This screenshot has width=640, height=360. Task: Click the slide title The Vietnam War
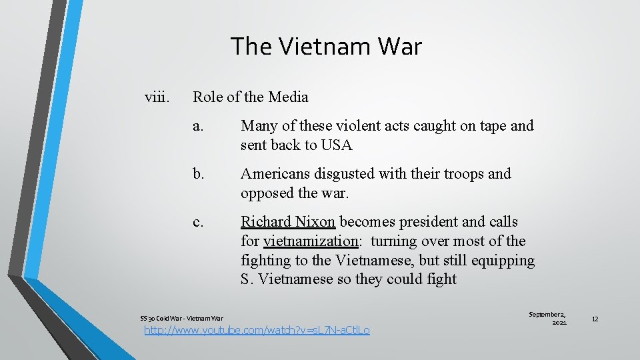(x=326, y=47)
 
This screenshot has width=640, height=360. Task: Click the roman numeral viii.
(x=157, y=97)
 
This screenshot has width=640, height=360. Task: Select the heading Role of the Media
(x=251, y=97)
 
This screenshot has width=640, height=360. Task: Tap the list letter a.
(x=197, y=126)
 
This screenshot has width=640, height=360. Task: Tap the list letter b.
(x=198, y=174)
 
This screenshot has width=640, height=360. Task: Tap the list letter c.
(x=197, y=222)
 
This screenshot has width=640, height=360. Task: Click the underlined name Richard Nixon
(x=287, y=222)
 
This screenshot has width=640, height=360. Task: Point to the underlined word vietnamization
(x=311, y=241)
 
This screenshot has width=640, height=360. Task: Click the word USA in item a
(x=336, y=145)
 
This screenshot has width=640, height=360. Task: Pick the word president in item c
(x=431, y=222)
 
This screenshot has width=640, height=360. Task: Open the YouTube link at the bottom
(x=257, y=330)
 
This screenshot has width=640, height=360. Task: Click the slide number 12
(x=595, y=319)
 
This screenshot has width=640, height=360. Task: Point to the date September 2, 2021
(x=547, y=318)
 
